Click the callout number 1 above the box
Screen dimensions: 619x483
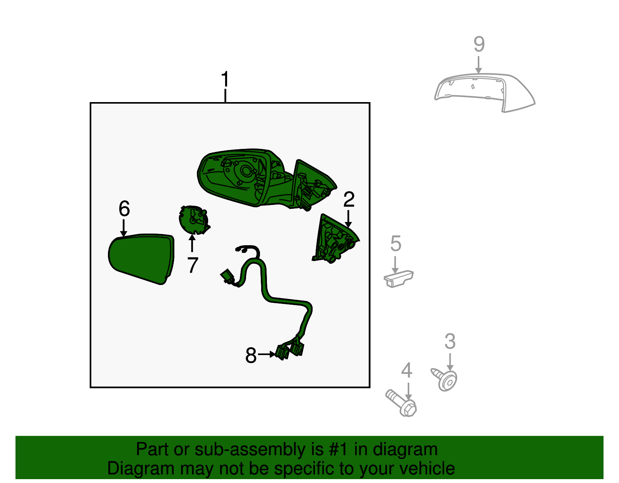[x=225, y=79]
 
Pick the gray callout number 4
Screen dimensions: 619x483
[x=407, y=370]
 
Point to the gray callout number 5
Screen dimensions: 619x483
[x=396, y=244]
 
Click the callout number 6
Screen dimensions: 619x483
[x=124, y=208]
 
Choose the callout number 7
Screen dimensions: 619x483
[x=193, y=265]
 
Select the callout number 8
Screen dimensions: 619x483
[x=251, y=355]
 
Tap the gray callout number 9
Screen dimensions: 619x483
[x=479, y=44]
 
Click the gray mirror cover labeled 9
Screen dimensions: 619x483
[x=484, y=92]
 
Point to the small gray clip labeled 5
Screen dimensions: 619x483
[x=398, y=278]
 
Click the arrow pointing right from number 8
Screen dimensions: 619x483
[x=267, y=355]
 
